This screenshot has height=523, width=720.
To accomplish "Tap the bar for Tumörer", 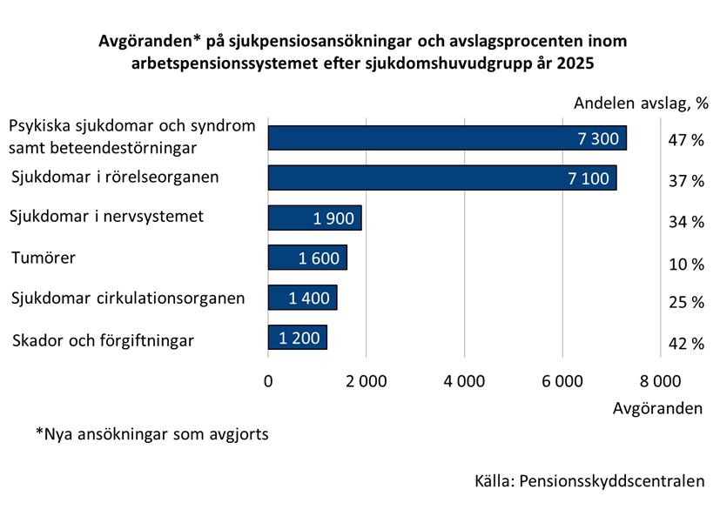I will (x=307, y=258).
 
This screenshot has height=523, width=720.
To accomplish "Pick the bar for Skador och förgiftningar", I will (x=297, y=338).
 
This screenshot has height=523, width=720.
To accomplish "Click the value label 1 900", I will (x=333, y=218).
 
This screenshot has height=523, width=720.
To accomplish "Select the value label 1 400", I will (x=309, y=298).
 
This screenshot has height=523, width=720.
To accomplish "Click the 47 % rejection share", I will (x=685, y=140).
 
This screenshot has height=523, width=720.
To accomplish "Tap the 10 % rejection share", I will (x=685, y=264).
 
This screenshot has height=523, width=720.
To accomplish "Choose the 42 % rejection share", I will (x=685, y=344).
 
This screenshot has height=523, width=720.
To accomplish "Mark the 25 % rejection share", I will (x=685, y=303).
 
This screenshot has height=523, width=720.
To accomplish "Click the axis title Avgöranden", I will (x=657, y=408).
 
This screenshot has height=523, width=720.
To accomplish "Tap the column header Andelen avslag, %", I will (x=642, y=104).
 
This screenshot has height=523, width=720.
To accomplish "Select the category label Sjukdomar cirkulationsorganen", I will (x=128, y=298).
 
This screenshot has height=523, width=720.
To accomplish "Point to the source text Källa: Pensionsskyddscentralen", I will (x=589, y=481).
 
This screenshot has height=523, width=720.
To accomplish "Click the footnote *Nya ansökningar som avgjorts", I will (x=151, y=433).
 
